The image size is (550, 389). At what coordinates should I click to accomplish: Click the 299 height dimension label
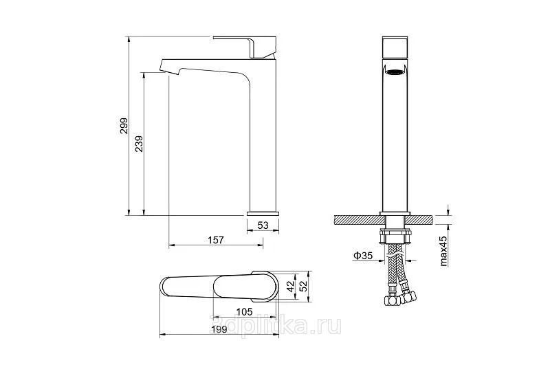tap(124, 126)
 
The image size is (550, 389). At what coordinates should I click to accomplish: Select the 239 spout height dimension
tap(139, 144)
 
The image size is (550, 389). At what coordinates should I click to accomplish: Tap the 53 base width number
tap(263, 225)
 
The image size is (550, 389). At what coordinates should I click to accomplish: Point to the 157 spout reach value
tap(216, 240)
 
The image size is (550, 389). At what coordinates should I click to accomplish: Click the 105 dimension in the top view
tap(244, 311)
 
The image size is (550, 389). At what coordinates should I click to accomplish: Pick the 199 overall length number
tap(219, 329)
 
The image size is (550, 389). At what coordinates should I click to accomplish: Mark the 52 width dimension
tap(304, 286)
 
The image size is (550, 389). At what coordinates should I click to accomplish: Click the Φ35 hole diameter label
tap(363, 256)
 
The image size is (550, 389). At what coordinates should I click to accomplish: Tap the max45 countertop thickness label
tap(443, 251)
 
